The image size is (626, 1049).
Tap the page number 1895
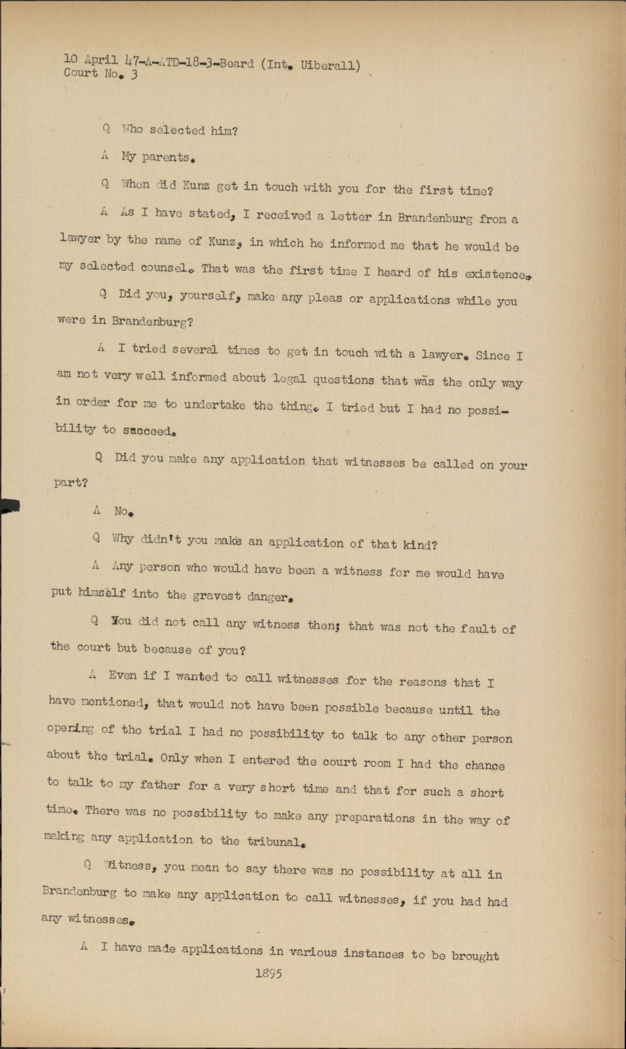click(269, 974)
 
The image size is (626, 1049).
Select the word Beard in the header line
click(236, 63)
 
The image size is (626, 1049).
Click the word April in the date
click(101, 60)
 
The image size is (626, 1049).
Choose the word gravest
click(217, 595)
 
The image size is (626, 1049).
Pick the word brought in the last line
click(475, 956)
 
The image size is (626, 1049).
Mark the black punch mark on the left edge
click(9, 505)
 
